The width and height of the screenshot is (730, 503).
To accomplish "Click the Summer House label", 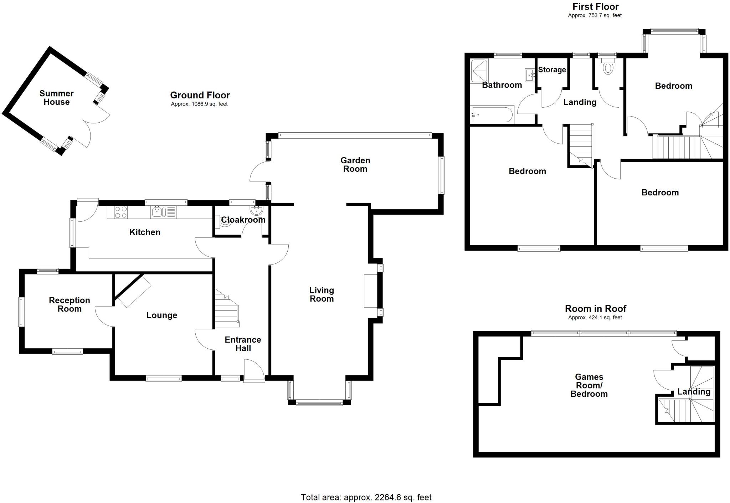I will pos(56,98).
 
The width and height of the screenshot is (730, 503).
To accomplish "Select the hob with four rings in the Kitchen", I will pos(121,212).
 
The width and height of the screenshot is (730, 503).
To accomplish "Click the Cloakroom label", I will pos(243,220).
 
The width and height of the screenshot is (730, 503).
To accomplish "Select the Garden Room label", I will pos(355,165).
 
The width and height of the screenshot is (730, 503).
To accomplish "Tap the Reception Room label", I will pos(70,304).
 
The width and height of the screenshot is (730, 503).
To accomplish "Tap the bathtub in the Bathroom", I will pos(492,114).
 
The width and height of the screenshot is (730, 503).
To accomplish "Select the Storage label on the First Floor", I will pos(552,70).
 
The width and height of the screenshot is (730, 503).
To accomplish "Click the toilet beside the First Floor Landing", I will pos(608,67).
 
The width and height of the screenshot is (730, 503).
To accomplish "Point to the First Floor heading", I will pos(595,6).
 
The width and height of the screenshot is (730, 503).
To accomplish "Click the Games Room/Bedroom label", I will pos(589,385).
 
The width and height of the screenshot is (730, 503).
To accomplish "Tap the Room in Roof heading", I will pos(595,308).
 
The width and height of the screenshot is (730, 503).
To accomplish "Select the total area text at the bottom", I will pos(366,497).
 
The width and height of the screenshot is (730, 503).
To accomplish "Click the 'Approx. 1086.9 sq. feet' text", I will pos(199,104).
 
